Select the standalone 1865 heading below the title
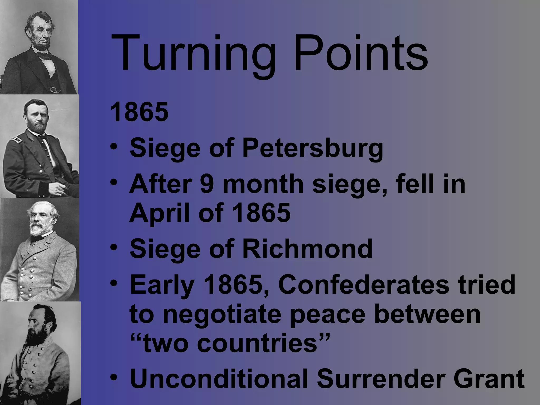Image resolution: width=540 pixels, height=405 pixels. coord(139,112)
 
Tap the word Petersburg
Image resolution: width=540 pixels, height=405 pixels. coord(312,148)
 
